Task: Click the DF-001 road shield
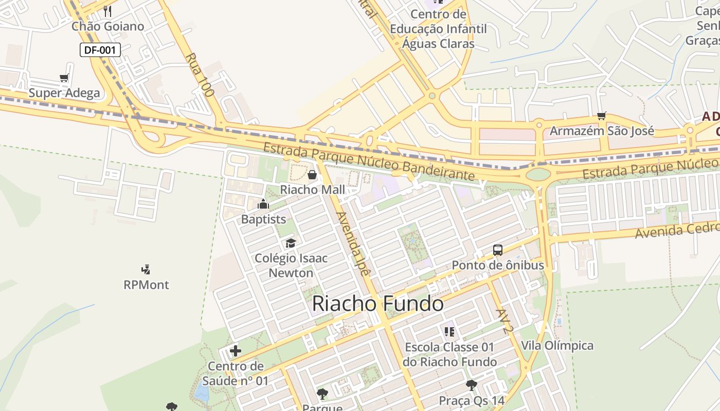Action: click(100, 50)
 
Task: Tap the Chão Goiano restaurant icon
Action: click(107, 11)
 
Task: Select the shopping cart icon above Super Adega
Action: click(64, 78)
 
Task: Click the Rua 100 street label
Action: click(199, 75)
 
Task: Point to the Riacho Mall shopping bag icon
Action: click(312, 175)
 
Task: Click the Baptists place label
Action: click(263, 219)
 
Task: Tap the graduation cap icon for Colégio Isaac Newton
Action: click(291, 243)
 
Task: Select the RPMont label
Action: click(146, 285)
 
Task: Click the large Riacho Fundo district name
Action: click(377, 304)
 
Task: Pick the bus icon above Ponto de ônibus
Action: click(497, 250)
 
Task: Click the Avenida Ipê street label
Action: click(352, 245)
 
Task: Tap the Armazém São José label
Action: click(602, 131)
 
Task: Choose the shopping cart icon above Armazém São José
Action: click(601, 116)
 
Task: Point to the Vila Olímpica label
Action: click(557, 345)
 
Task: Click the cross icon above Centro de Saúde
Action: click(236, 351)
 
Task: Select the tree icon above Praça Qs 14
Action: click(471, 385)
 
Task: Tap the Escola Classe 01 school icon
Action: click(449, 332)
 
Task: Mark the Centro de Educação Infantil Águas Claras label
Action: click(438, 29)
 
